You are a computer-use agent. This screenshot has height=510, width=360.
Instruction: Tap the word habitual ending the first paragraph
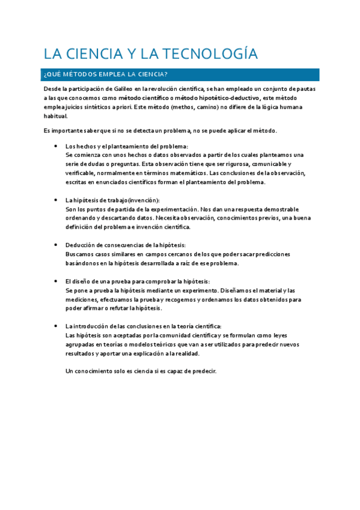click(55, 116)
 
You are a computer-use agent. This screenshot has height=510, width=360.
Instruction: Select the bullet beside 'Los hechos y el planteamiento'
click(55, 146)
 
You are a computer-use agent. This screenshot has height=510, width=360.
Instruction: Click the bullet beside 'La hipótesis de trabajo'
click(55, 200)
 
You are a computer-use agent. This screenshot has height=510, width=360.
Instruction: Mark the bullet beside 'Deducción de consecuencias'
click(55, 245)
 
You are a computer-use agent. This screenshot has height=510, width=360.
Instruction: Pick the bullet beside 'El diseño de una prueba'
click(55, 281)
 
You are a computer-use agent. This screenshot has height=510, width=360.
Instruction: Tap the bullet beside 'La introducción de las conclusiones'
click(55, 326)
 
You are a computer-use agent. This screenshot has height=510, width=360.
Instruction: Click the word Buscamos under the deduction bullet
click(79, 254)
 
